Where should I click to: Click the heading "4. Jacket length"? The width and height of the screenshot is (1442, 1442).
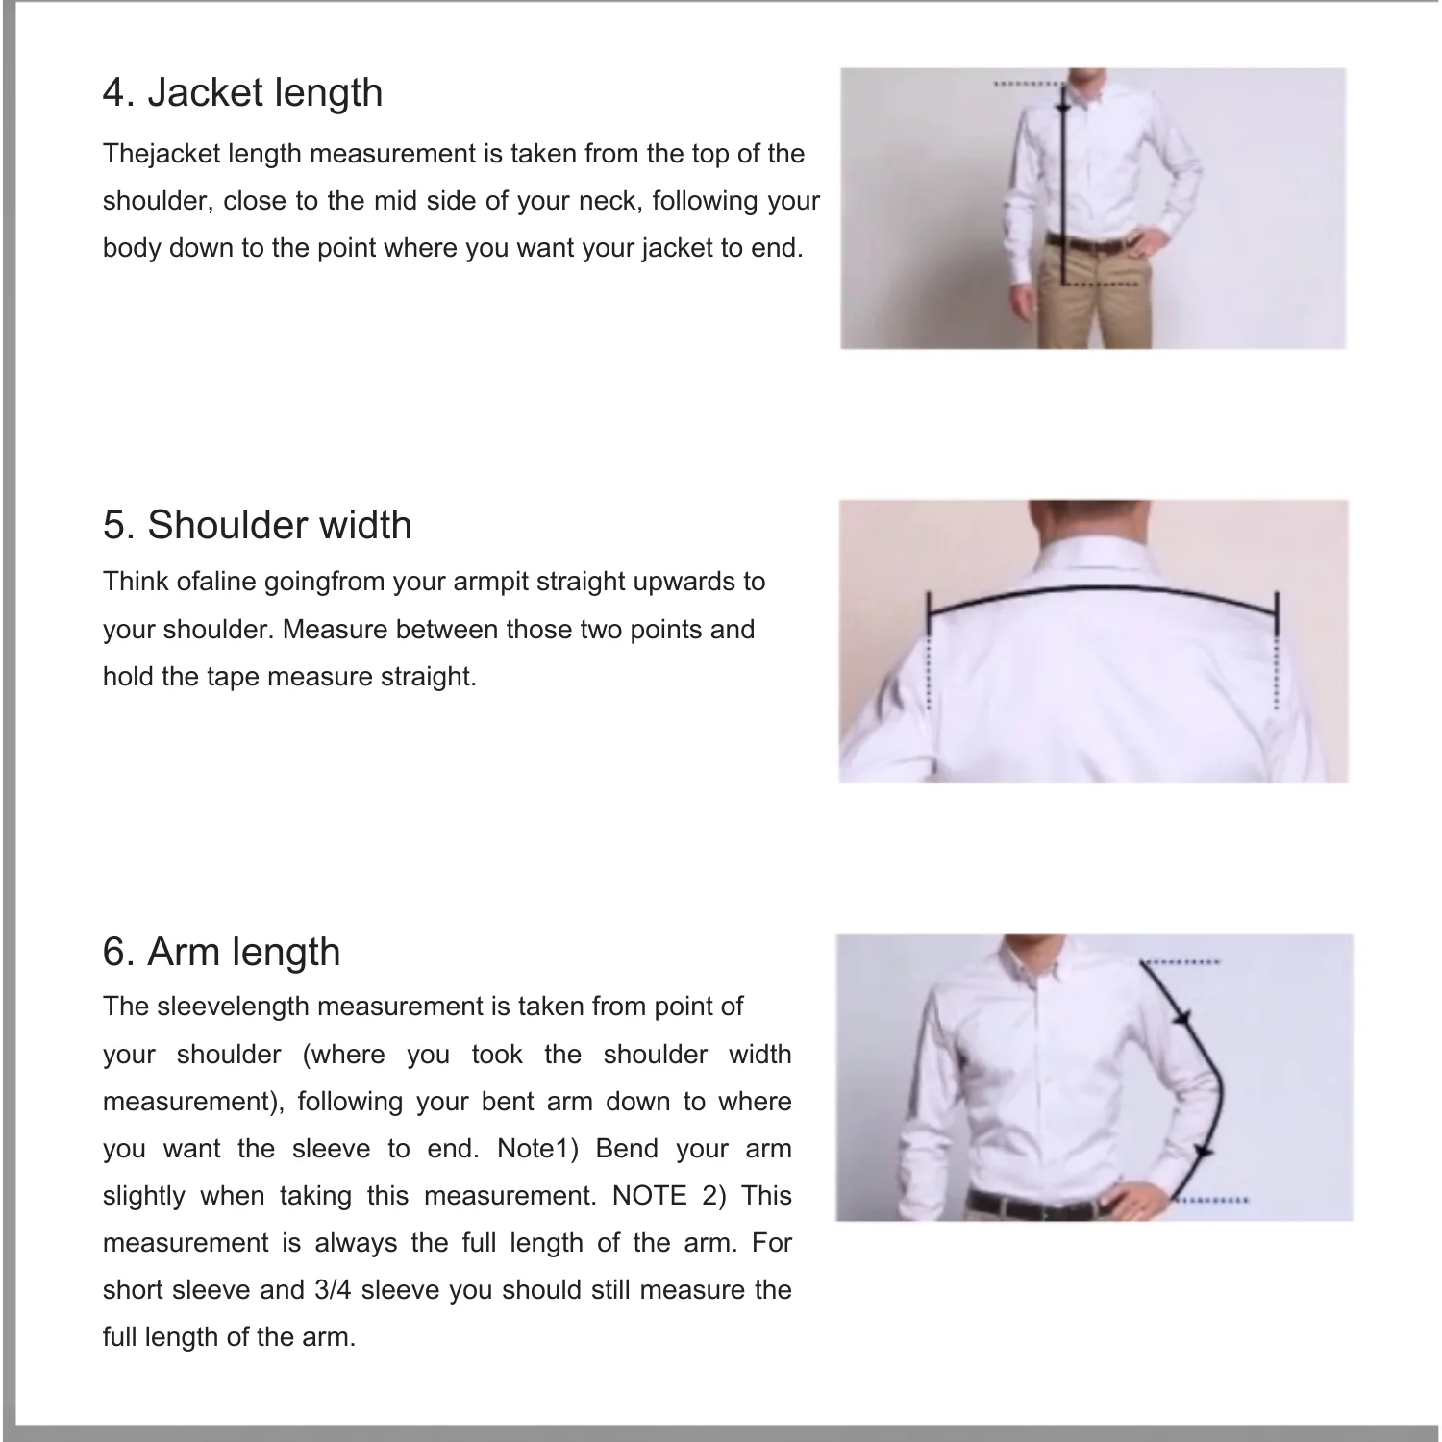coord(242,92)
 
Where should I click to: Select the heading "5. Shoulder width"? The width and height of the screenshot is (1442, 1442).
coord(258,525)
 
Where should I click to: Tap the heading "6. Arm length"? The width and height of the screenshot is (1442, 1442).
coord(222,952)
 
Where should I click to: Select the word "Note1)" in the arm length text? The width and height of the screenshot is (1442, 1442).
coord(538,1148)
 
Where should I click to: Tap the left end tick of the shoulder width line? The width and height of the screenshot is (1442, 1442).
coord(930,611)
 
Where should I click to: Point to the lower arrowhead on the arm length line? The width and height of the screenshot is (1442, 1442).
coord(1203,1151)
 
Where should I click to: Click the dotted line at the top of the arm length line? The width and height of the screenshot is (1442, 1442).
coord(1181,961)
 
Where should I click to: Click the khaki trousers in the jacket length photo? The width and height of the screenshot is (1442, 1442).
coord(1096,298)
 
